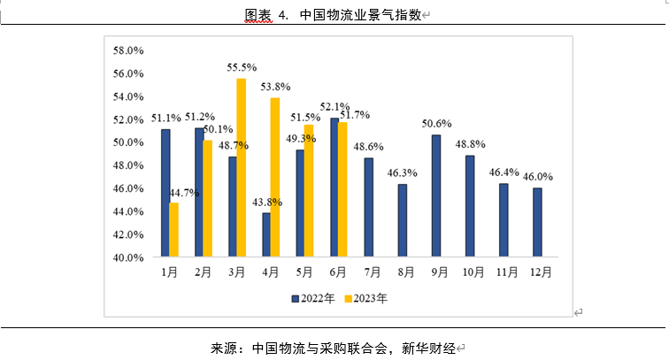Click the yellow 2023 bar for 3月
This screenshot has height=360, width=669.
241,168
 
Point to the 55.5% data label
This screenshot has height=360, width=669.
242,67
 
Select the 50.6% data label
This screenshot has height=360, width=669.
436,123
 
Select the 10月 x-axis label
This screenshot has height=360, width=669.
470,272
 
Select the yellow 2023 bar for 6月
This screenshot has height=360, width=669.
342,190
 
